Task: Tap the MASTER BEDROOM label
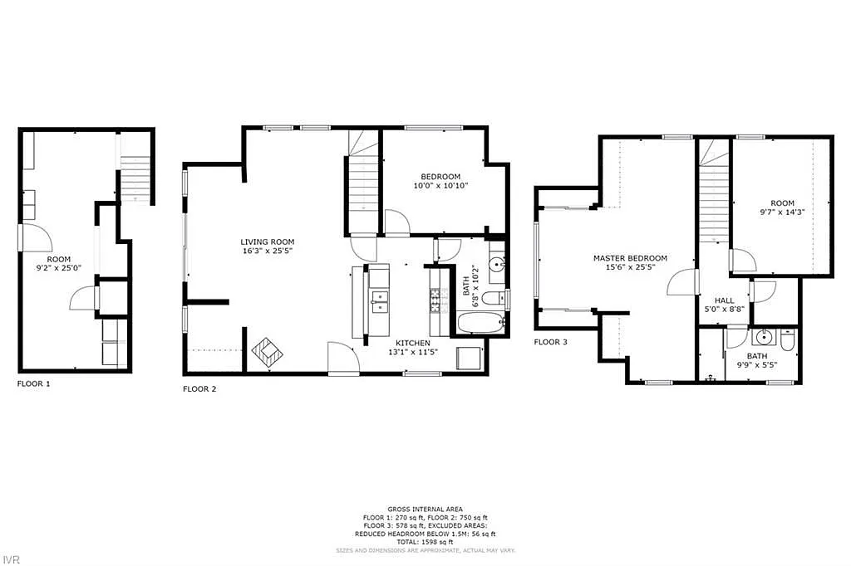630,258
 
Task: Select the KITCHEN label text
412,343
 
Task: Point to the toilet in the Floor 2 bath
493,297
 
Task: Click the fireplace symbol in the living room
267,352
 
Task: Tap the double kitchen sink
379,300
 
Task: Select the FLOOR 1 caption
34,384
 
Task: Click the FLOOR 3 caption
550,341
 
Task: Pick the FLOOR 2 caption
199,388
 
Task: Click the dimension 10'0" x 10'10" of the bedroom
440,186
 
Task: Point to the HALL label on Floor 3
723,300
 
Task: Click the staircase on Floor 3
713,203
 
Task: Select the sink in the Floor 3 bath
763,339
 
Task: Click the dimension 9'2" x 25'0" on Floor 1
58,268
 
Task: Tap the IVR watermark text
11,559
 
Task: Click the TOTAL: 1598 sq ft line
425,541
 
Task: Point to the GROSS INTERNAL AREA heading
425,509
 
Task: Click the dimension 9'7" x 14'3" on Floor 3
782,212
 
